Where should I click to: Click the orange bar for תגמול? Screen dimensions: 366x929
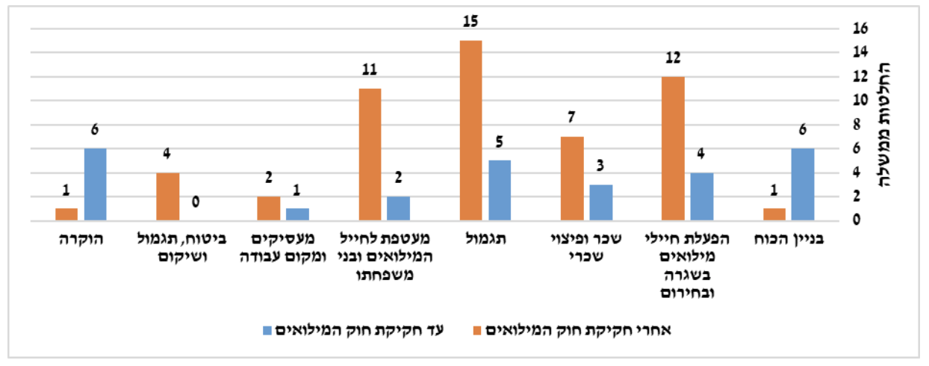[470, 131]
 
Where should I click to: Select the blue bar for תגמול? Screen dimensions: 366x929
[500, 190]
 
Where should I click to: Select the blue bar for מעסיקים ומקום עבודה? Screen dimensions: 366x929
[297, 214]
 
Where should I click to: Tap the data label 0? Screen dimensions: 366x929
[196, 202]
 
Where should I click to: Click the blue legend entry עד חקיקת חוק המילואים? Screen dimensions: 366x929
[357, 329]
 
